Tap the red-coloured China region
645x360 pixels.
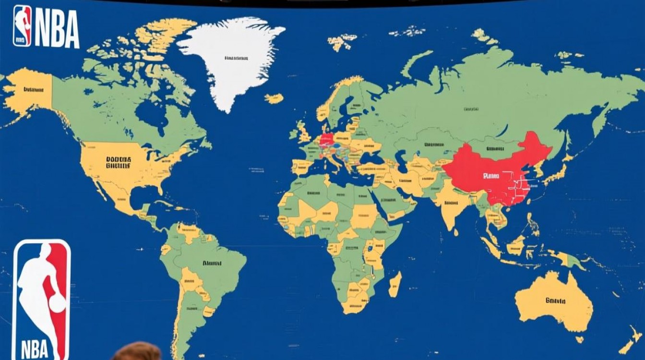coord(499,168)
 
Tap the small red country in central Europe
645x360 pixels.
coord(326,140)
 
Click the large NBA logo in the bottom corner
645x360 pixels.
coord(41,300)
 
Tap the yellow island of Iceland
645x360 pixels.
coord(274,98)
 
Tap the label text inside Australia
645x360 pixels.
coord(556,301)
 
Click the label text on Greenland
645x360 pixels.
coord(236,58)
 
